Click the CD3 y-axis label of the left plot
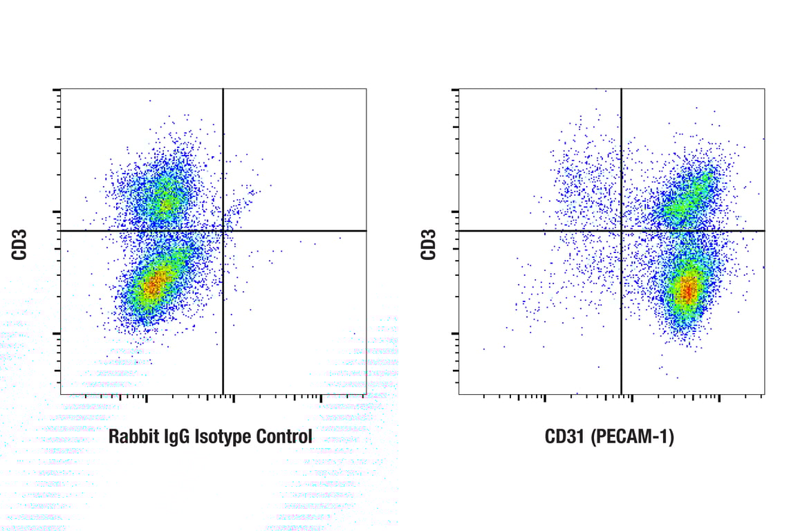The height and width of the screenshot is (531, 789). coord(19,245)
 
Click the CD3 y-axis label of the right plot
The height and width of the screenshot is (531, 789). coord(429,245)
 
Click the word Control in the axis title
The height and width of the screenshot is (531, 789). coord(284,437)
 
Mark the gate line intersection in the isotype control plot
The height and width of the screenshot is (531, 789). coord(223,230)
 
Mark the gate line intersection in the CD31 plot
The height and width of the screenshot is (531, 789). coord(622,230)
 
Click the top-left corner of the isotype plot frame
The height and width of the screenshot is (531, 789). coord(61,89)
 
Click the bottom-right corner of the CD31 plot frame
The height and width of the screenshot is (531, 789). coord(764,394)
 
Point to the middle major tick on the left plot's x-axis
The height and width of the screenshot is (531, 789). coord(234,397)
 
